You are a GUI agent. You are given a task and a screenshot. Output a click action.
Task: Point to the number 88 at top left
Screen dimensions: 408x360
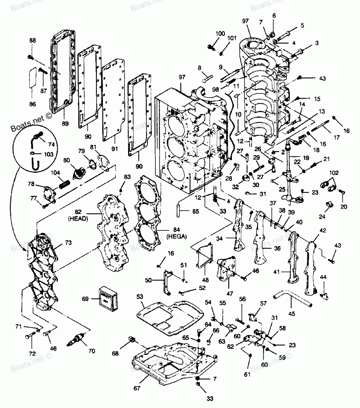(x=33, y=41)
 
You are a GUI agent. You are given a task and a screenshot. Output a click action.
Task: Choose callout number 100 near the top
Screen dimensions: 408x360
(x=220, y=34)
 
